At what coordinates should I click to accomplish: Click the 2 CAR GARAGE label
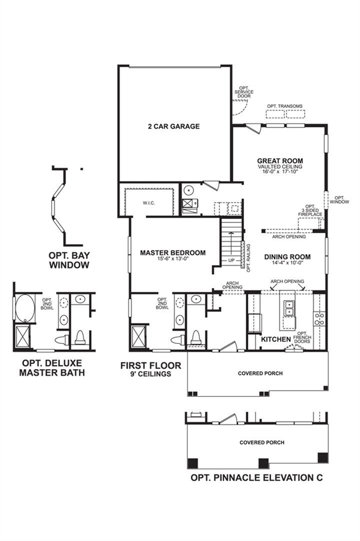(x=174, y=126)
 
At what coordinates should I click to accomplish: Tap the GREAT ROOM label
(x=280, y=160)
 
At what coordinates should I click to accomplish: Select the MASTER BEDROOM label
(x=172, y=253)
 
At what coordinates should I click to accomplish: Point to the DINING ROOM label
(x=287, y=257)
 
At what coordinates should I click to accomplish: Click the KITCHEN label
(x=276, y=340)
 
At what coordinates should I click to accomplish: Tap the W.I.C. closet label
(x=148, y=203)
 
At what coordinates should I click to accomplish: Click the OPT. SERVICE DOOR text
(x=244, y=92)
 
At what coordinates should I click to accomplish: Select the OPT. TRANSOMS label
(x=285, y=106)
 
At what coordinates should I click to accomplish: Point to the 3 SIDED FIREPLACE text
(x=310, y=212)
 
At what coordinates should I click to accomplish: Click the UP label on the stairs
(x=231, y=260)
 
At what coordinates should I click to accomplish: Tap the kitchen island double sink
(x=288, y=308)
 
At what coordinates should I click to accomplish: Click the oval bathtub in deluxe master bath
(x=25, y=308)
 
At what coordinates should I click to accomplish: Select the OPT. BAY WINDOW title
(x=69, y=260)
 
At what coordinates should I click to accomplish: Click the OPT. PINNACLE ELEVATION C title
(x=257, y=478)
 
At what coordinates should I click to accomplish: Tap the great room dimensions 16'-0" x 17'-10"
(x=280, y=171)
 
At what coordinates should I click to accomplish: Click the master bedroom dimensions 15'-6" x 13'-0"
(x=172, y=258)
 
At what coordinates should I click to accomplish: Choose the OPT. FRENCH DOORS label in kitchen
(x=302, y=337)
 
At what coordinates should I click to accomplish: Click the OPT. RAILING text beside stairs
(x=248, y=258)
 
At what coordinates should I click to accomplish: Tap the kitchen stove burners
(x=319, y=319)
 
